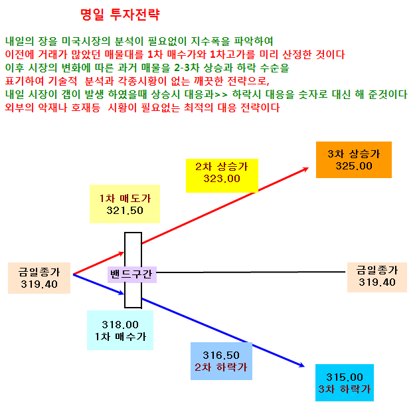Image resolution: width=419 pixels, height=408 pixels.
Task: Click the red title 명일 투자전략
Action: [x=120, y=15]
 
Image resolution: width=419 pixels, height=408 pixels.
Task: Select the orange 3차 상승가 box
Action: [x=354, y=159]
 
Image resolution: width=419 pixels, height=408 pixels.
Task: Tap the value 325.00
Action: [x=354, y=166]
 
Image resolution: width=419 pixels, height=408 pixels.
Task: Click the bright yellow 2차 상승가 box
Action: [x=222, y=175]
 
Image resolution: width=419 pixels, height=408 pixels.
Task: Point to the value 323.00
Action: [x=222, y=179]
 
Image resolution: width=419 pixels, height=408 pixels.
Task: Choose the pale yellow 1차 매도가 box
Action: [x=125, y=204]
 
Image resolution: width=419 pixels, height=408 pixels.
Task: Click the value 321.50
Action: [x=125, y=211]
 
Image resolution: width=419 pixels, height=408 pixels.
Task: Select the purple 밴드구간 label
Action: [x=132, y=274]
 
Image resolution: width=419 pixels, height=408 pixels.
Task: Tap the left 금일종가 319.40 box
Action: [x=39, y=278]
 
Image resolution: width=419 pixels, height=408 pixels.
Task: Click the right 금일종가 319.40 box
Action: [x=377, y=277]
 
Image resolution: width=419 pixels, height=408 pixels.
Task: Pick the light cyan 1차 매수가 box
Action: [x=120, y=330]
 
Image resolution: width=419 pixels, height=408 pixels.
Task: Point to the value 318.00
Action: [x=120, y=325]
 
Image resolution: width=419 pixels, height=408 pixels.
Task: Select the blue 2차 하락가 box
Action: [x=221, y=361]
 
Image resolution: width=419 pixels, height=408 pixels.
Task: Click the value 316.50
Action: [x=221, y=356]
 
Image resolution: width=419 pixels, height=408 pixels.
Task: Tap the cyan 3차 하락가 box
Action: [x=345, y=383]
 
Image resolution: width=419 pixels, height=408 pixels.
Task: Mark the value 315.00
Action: [x=345, y=377]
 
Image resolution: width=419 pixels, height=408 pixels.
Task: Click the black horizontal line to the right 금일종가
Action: [x=251, y=272]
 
